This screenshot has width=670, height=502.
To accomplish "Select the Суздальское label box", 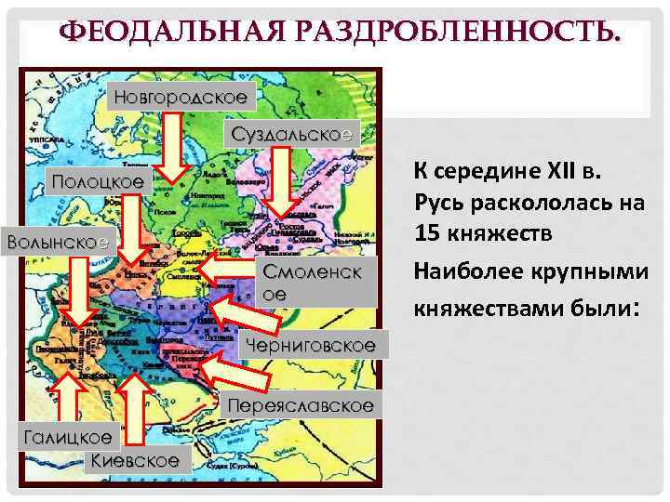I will [291, 134].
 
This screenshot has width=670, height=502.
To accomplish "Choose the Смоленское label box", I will [316, 282].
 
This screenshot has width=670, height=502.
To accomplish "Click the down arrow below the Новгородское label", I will [173, 148].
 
